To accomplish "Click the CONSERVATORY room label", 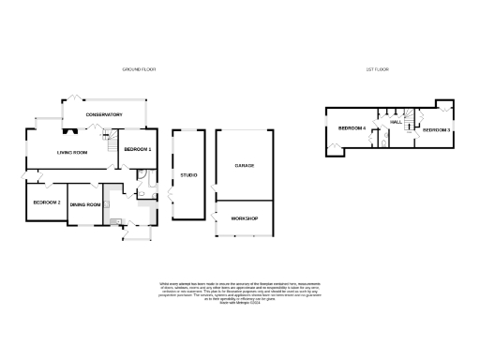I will click(104, 114).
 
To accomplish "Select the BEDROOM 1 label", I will click(137, 149).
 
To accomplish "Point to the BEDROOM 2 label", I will click(47, 202).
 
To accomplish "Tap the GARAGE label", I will click(245, 166).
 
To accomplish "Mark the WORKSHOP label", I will click(245, 218).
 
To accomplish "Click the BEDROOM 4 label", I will click(352, 127).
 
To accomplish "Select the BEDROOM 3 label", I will click(436, 129).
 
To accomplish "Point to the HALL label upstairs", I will click(396, 123).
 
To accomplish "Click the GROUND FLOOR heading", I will click(139, 69).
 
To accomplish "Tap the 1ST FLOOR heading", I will click(377, 69).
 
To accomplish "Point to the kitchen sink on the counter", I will click(114, 221).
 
